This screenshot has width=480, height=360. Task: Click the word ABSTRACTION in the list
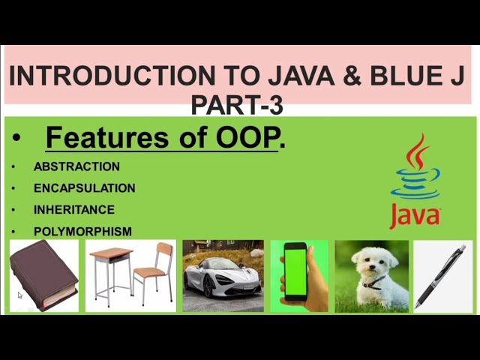coord(76,166)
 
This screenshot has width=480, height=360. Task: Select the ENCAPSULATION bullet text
coord(84,188)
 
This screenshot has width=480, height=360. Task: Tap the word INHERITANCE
coord(73,210)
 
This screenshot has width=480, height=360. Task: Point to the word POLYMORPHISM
coord(82,232)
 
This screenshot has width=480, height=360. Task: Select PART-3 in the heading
coord(237,106)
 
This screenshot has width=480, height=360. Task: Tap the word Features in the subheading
coord(107,138)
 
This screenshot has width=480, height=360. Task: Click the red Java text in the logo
coord(415,214)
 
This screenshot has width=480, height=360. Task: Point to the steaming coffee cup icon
coord(416,169)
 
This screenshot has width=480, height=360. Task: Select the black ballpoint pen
coord(442,275)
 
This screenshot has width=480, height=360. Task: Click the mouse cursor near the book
coord(20,295)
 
